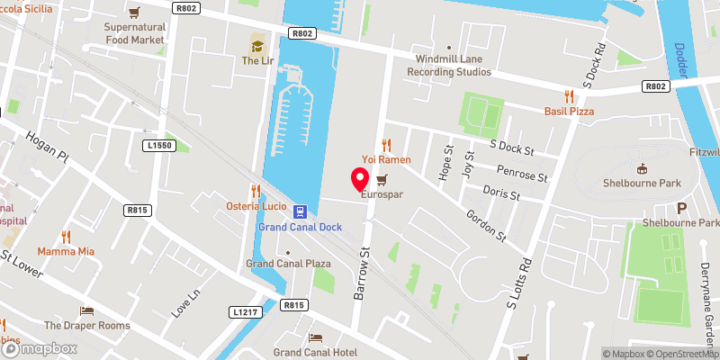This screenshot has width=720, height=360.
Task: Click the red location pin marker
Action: pyautogui.click(x=360, y=177)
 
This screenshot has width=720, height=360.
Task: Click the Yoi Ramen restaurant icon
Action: pyautogui.click(x=387, y=144)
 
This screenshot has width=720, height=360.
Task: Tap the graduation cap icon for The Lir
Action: pyautogui.click(x=256, y=45)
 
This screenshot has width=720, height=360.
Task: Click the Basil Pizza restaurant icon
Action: pyautogui.click(x=569, y=95)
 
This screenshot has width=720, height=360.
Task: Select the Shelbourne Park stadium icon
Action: pyautogui.click(x=642, y=168)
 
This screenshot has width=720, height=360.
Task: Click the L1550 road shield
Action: pyautogui.click(x=158, y=145)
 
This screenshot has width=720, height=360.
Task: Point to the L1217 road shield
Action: pyautogui.click(x=245, y=311)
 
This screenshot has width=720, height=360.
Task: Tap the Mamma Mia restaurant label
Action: pyautogui.click(x=65, y=252)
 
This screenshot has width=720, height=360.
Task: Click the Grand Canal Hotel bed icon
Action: pyautogui.click(x=315, y=337)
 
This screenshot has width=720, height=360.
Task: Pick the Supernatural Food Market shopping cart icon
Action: pyautogui.click(x=134, y=13)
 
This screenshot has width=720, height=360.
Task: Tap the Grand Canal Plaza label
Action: pyautogui.click(x=288, y=264)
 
